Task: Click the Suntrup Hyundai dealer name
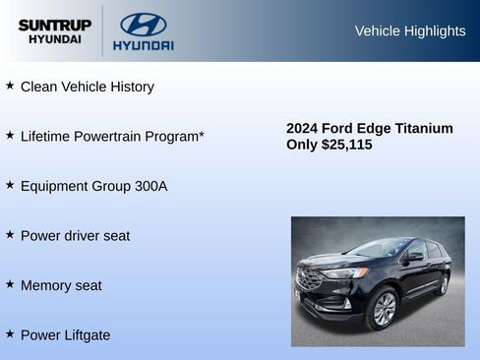point(54,31)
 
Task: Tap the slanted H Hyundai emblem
point(143,25)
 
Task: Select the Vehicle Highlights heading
point(409,31)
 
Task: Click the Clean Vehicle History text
point(88,87)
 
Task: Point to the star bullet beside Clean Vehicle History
point(10,86)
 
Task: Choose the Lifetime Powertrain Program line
point(112,136)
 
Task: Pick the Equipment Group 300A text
point(93,186)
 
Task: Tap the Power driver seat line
point(75,236)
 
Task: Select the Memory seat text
point(61,285)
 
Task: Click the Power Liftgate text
point(65,335)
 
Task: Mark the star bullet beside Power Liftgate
point(10,334)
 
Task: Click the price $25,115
point(347,145)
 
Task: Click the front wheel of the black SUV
point(382,308)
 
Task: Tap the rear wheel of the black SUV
point(443,284)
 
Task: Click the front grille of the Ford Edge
point(310,279)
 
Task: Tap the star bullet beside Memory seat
point(10,284)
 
